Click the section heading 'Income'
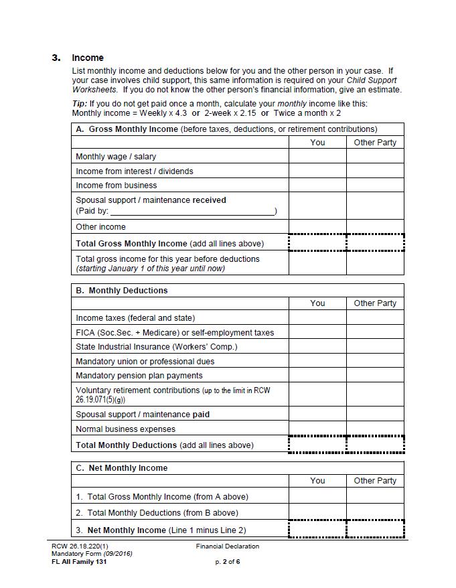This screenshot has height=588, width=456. coord(88,58)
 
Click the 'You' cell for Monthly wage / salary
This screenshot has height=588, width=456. coord(317,157)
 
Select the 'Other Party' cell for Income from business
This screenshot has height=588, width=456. coord(375,186)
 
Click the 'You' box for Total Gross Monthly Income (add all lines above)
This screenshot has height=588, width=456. coord(317,243)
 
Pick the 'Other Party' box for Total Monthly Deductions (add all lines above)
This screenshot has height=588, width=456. coord(375,445)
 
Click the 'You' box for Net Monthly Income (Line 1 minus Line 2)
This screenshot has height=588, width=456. coord(317,530)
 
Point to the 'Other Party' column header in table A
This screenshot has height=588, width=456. coord(375,142)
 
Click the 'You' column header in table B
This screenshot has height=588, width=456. coord(317,303)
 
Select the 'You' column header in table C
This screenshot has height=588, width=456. coord(317,481)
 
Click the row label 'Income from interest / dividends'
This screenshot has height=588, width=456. coord(135,171)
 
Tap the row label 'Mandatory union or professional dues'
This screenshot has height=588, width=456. coord(145,362)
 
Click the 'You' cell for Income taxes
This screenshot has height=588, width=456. coord(317,318)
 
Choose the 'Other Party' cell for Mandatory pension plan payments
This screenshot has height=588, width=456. coord(375,376)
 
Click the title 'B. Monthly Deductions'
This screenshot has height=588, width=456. coord(122,291)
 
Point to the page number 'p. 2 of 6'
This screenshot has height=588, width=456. coord(228,562)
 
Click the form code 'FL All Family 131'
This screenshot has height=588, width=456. coord(79,562)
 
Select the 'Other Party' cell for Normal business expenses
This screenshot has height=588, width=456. coord(375,429)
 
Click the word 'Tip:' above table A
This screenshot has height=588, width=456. coord(79,104)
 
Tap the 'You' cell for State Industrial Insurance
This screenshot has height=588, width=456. coord(317,347)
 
